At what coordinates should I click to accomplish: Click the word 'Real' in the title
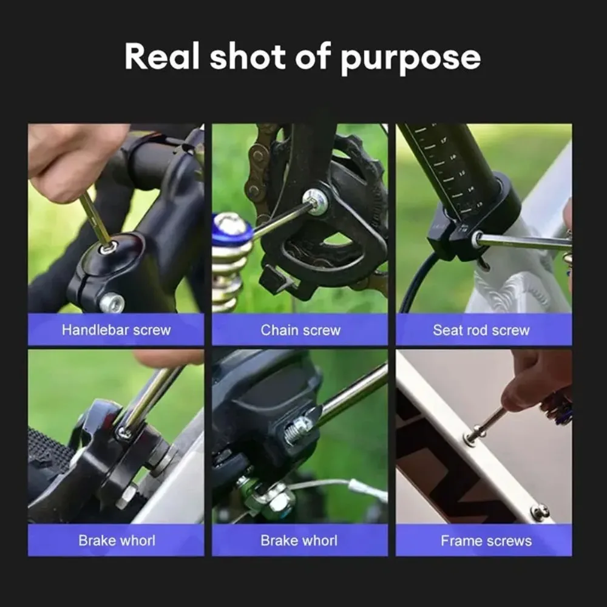[x=161, y=56]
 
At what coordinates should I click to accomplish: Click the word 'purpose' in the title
[x=410, y=59]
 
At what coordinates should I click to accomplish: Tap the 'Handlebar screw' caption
[x=116, y=330]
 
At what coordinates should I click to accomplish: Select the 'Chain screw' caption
[x=300, y=330]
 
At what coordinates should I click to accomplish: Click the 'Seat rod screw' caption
[x=481, y=330]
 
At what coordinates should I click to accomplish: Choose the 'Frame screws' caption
[x=486, y=541]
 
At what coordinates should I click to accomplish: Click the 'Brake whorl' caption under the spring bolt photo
[x=299, y=541]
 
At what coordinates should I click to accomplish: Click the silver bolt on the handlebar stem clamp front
[x=112, y=302]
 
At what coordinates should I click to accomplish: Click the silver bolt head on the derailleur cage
[x=316, y=201]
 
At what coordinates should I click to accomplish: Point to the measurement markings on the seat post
[x=447, y=167]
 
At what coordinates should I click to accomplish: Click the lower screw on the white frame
[x=539, y=512]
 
